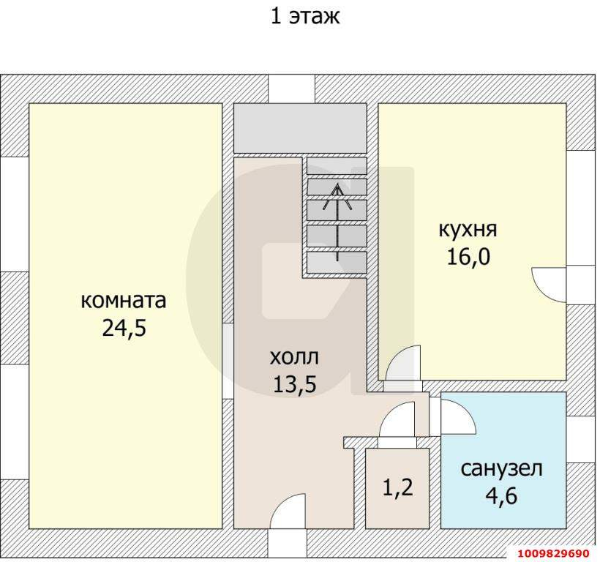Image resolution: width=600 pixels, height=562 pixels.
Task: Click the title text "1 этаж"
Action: (x=305, y=17)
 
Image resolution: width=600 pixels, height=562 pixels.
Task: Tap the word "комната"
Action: (x=124, y=301)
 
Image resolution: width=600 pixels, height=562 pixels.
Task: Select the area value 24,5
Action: (x=124, y=328)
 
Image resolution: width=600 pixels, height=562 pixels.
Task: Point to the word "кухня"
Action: (x=468, y=230)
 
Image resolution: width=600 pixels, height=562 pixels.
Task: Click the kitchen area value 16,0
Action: (x=468, y=257)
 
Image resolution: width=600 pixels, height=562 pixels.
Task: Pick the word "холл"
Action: (x=294, y=358)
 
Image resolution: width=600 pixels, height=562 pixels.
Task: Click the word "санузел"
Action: (x=502, y=469)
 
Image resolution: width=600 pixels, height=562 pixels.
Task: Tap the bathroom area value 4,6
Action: (x=502, y=497)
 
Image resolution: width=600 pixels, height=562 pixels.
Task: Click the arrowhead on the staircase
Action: (x=337, y=191)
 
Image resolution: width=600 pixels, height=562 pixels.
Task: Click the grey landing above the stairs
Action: (x=299, y=128)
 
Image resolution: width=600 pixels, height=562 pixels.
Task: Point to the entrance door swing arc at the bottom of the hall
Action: (x=290, y=509)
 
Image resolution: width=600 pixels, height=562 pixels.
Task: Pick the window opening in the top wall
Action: (x=291, y=89)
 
